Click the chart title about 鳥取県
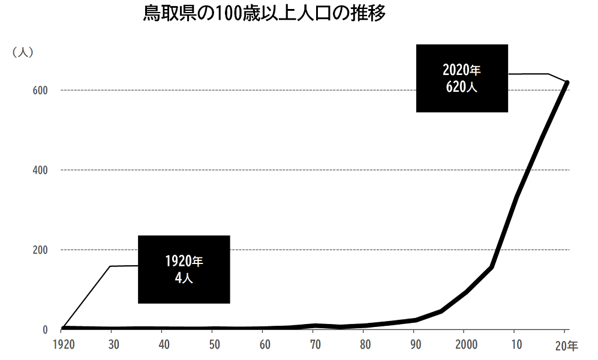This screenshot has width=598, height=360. click(x=264, y=14)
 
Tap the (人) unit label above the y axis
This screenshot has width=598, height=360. click(x=23, y=52)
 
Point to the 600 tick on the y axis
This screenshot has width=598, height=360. click(x=40, y=90)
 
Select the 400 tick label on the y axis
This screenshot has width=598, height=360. click(x=40, y=170)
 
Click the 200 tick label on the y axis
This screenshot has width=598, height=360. click(x=40, y=250)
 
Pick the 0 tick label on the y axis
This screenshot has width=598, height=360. click(x=45, y=329)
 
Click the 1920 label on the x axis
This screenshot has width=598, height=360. click(x=64, y=346)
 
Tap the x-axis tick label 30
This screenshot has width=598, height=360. click(x=114, y=346)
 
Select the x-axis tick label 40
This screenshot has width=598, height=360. click(x=164, y=346)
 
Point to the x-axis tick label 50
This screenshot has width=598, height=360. click(x=214, y=346)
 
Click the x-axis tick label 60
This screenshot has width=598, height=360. click(x=265, y=346)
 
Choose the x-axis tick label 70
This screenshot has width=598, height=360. click(x=314, y=346)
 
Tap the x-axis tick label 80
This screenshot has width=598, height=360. click(x=364, y=346)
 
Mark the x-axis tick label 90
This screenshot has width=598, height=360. click(x=414, y=346)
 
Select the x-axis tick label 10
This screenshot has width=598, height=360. click(x=515, y=346)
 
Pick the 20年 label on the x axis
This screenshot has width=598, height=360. click(x=566, y=346)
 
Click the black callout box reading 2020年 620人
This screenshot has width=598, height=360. click(x=462, y=78)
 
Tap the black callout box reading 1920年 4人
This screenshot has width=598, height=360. click(x=184, y=269)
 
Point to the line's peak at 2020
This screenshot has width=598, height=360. click(x=566, y=82)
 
